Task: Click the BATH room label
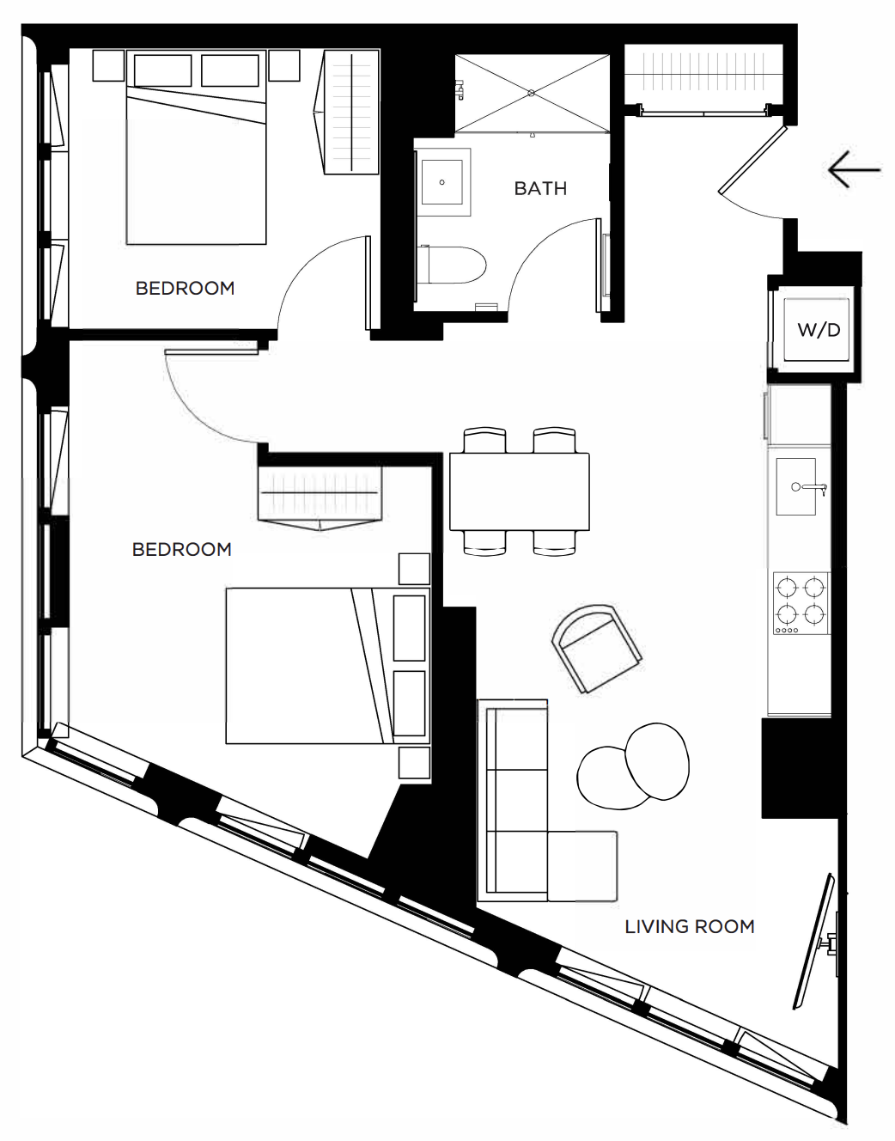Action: pyautogui.click(x=540, y=188)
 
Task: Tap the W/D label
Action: pyautogui.click(x=819, y=330)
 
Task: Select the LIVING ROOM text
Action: pyautogui.click(x=689, y=926)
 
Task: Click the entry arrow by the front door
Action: pyautogui.click(x=854, y=169)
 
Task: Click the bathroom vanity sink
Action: pyautogui.click(x=442, y=181)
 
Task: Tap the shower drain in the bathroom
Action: pyautogui.click(x=531, y=93)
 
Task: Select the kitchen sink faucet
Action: pyautogui.click(x=811, y=487)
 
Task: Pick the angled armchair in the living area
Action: pyautogui.click(x=597, y=649)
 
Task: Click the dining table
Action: pyautogui.click(x=519, y=491)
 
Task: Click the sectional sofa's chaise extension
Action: pyautogui.click(x=582, y=866)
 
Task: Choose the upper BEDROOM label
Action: pyautogui.click(x=185, y=289)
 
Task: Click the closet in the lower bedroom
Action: pyautogui.click(x=320, y=497)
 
